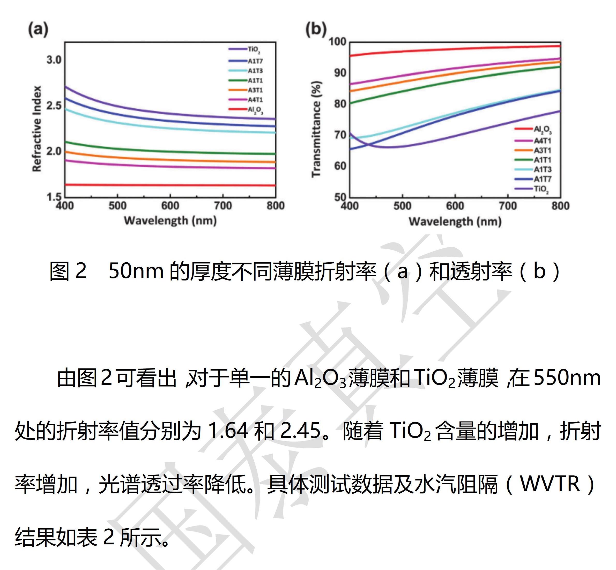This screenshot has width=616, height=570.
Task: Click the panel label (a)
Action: (x=38, y=30)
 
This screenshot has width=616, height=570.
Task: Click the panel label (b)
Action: (x=316, y=30)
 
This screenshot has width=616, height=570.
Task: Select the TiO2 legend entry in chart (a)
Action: (x=254, y=49)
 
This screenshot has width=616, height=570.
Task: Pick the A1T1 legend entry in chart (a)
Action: (x=255, y=80)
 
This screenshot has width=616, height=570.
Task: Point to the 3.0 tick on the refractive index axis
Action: (x=54, y=60)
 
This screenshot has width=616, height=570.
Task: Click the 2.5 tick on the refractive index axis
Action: (x=54, y=106)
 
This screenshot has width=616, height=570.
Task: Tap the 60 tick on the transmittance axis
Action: (x=340, y=166)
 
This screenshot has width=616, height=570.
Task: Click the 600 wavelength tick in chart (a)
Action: (x=170, y=206)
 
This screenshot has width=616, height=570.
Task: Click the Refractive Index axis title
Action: (x=37, y=128)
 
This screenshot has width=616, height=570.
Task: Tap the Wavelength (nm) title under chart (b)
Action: (x=455, y=221)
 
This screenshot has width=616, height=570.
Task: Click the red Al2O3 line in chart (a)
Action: (x=170, y=185)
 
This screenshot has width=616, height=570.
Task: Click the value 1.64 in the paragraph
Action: (x=228, y=430)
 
